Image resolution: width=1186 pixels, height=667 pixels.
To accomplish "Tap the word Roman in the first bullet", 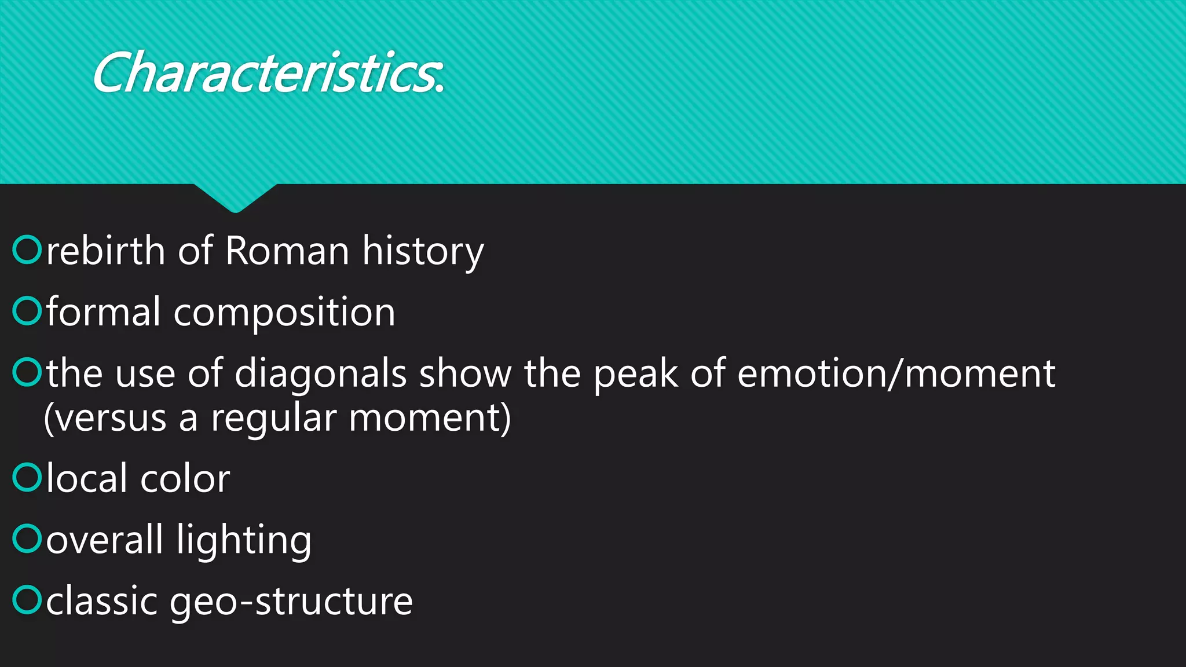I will tap(287, 251).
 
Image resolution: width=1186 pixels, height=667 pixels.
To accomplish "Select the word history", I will tap(423, 252).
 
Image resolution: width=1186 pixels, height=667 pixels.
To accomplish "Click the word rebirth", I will tap(105, 251).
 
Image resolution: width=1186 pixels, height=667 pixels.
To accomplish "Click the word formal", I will tap(103, 312).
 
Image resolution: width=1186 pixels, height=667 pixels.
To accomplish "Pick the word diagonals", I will tap(321, 373).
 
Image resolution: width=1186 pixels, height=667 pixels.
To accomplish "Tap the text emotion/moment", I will tap(896, 373).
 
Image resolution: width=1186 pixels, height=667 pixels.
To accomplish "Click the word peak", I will tap(635, 375).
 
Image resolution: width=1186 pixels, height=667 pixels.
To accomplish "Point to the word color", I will tap(185, 479).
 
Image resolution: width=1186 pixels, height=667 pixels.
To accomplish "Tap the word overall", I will tap(104, 540).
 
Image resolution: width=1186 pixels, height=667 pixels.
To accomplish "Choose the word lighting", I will tap(244, 541).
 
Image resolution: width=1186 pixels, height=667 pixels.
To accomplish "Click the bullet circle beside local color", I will tap(27, 478).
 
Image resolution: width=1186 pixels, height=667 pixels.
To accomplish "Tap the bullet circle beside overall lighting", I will tap(27, 538).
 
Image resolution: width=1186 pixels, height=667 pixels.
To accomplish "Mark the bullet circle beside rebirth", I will tap(27, 250).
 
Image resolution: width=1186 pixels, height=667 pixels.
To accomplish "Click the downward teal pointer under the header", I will tap(235, 197).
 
